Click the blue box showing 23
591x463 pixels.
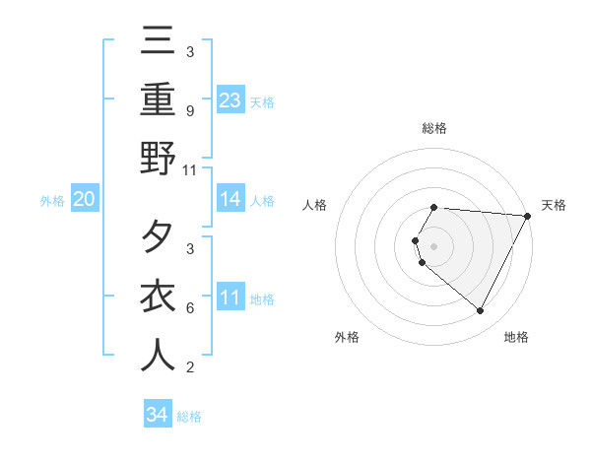(230, 99)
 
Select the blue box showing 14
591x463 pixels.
(230, 200)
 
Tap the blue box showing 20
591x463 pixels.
(84, 200)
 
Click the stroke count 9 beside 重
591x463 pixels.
(189, 111)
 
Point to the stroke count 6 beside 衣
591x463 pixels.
(189, 308)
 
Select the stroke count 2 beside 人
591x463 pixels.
(189, 368)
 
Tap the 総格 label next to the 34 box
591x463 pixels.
(189, 417)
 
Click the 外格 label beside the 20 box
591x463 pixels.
(52, 201)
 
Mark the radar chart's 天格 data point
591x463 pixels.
(528, 216)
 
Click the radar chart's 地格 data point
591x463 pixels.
(481, 311)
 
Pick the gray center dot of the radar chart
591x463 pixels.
(433, 245)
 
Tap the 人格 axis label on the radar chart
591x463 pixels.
(314, 205)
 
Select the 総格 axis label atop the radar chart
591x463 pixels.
(433, 128)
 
